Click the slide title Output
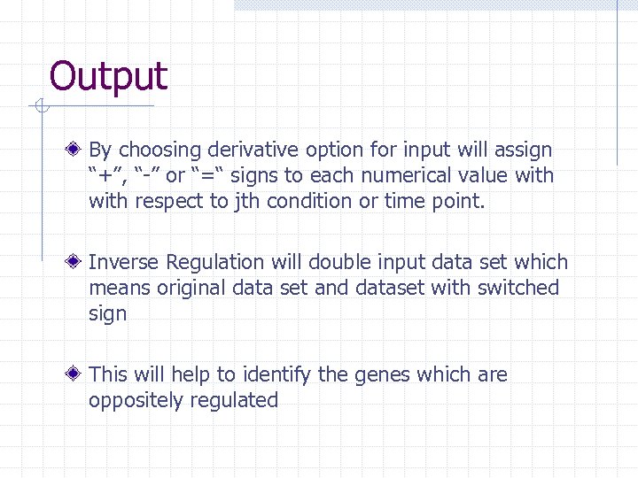pyautogui.click(x=108, y=76)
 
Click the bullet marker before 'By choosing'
pyautogui.click(x=78, y=150)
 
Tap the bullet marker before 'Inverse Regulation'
pyautogui.click(x=78, y=262)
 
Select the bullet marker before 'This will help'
pyautogui.click(x=78, y=374)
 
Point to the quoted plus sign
pyautogui.click(x=105, y=175)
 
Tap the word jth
pyautogui.click(x=249, y=201)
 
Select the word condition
pyautogui.click(x=310, y=201)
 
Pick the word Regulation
pyautogui.click(x=215, y=263)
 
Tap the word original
pyautogui.click(x=186, y=288)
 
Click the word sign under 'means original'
pyautogui.click(x=107, y=314)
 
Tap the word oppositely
pyautogui.click(x=131, y=401)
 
